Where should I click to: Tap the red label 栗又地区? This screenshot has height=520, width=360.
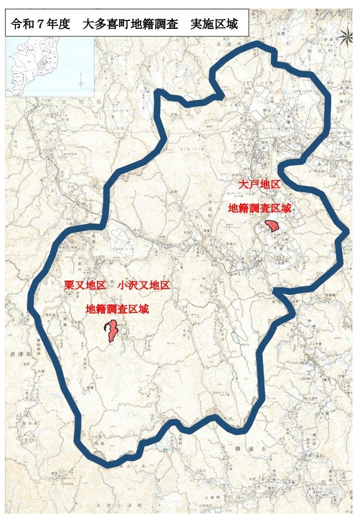pos(85,286)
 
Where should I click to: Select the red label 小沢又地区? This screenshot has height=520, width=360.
pos(144,286)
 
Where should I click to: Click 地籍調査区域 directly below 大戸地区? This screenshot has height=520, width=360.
pos(259,208)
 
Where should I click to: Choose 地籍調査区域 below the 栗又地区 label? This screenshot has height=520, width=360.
pos(117,310)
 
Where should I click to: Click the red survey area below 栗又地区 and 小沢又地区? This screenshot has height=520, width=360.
pos(111,331)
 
